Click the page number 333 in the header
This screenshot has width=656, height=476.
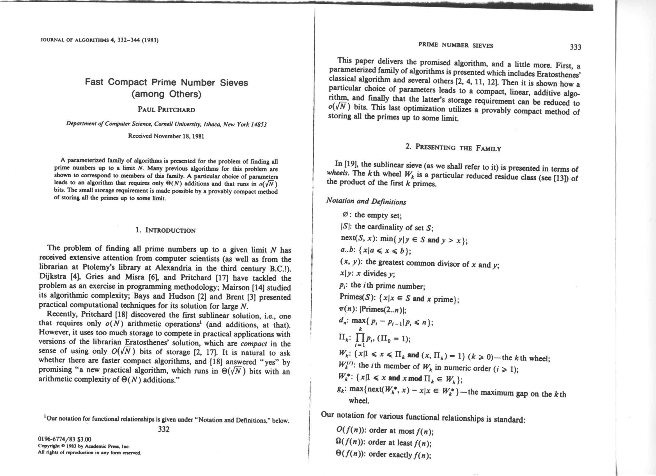575,47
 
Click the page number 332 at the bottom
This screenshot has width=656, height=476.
164,429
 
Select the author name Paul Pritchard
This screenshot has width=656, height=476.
166,110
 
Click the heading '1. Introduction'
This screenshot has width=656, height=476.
165,230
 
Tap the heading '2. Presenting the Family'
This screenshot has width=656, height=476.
453,148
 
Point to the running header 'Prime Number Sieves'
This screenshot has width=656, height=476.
455,45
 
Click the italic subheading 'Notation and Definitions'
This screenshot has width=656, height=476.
366,201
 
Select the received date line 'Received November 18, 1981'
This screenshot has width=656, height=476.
166,136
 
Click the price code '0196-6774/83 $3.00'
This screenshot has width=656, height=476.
65,439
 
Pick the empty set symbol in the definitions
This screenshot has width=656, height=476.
344,215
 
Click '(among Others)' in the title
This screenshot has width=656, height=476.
166,94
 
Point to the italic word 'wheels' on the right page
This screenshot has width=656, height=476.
336,173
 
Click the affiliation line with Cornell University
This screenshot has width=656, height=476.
166,124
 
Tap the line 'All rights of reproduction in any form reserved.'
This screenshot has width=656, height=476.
89,453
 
